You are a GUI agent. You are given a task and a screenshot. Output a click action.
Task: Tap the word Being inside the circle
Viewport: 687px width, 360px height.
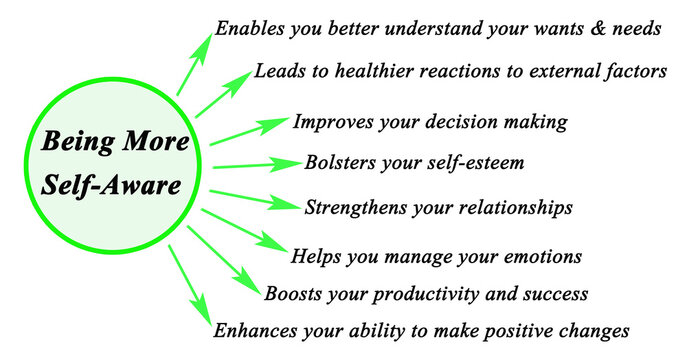tap(71, 141)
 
